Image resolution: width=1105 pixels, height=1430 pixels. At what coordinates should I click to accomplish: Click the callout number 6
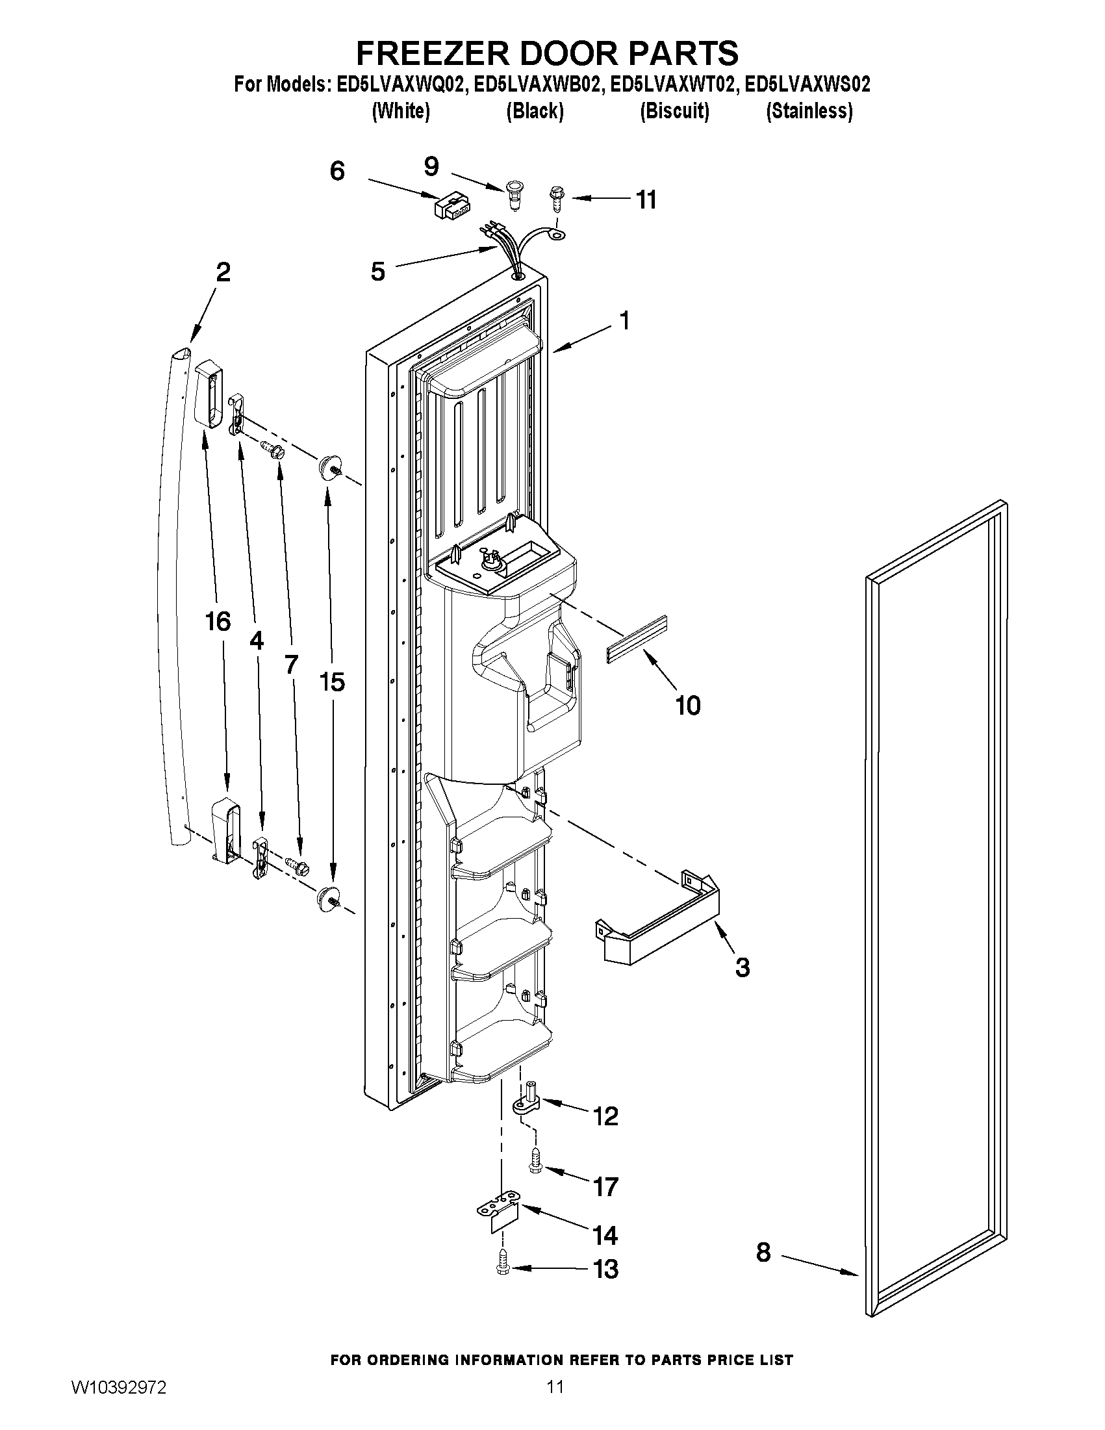(337, 172)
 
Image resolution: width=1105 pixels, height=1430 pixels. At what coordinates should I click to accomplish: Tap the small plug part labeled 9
(515, 195)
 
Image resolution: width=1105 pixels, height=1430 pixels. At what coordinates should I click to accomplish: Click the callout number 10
(688, 705)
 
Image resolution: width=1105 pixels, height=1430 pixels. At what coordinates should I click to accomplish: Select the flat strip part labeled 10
(635, 640)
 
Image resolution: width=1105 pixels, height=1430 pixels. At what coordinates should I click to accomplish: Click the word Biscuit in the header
(674, 111)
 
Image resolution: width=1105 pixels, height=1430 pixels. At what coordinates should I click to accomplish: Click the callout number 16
(218, 621)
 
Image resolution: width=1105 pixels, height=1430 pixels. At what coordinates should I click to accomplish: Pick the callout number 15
(332, 682)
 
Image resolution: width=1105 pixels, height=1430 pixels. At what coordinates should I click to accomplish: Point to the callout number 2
(223, 272)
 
